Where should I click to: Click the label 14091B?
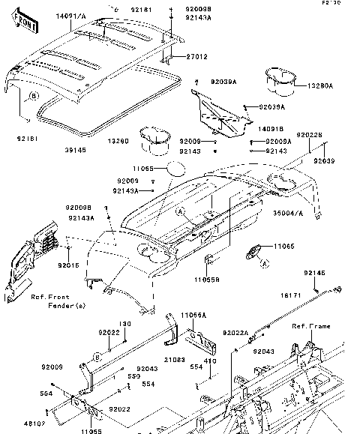tap(259, 130)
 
